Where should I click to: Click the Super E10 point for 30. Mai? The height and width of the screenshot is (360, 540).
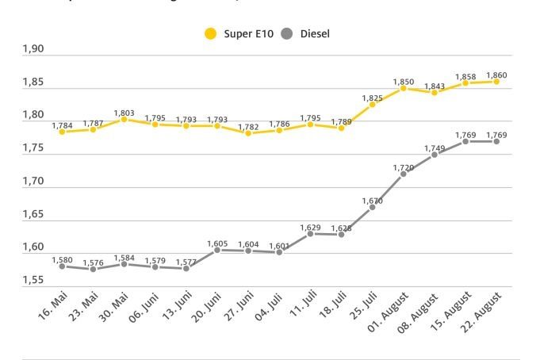pos(124,120)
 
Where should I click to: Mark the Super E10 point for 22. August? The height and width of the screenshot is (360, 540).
pos(496,81)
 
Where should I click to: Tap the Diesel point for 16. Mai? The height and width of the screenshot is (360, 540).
pos(62,266)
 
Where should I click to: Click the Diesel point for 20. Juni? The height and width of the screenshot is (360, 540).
pos(216,250)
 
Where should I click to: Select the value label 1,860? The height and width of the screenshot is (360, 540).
pos(496,75)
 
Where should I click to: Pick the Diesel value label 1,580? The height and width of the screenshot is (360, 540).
pos(62,260)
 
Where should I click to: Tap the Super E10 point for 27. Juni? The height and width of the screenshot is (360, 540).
pos(247,133)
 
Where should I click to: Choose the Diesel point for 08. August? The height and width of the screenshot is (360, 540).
pos(434,155)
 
